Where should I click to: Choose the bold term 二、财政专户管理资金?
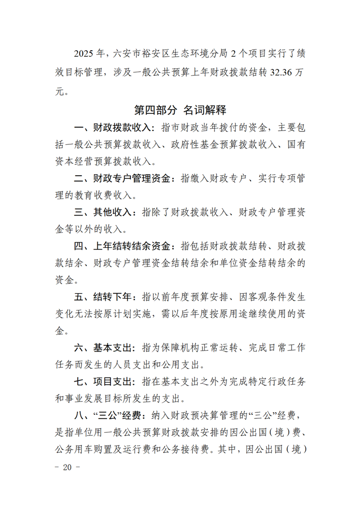[x=120, y=178]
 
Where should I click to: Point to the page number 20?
[x=68, y=468]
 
